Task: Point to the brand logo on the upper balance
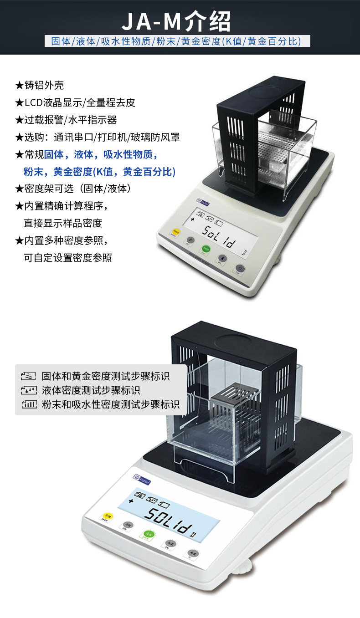click(204, 200)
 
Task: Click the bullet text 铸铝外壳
click(44, 85)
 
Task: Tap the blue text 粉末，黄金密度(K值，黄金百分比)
click(99, 172)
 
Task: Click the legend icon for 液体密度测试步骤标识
click(28, 390)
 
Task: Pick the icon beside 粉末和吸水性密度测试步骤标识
click(28, 404)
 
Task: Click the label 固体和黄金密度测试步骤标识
click(106, 376)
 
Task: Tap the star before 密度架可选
click(19, 189)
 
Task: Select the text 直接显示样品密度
click(63, 223)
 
